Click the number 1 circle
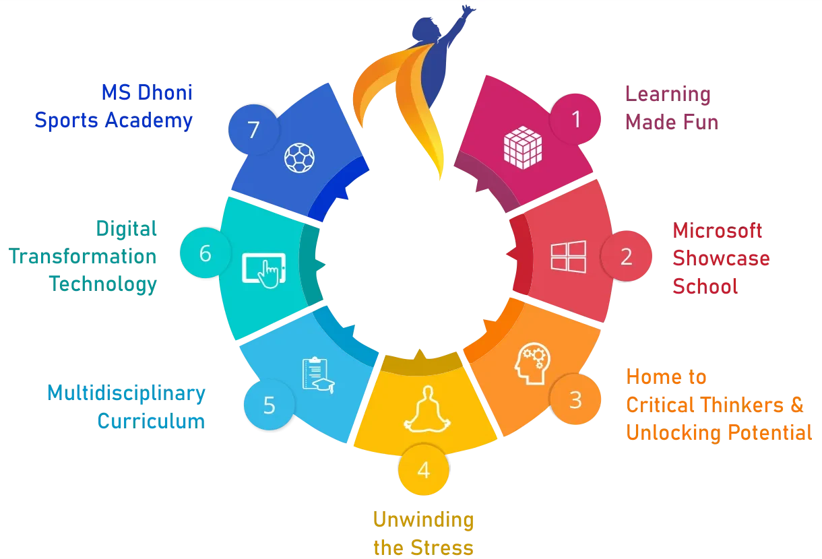pos(575,119)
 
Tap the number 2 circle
pos(626,257)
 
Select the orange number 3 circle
pos(575,399)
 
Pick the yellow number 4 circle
pos(423,469)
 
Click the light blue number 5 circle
pos(269,405)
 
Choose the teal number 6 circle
pos(205,254)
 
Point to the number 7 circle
pos(253,129)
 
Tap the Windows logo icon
pos(568,257)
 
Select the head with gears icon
pos(531,366)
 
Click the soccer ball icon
pos(299,158)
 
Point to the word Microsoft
pos(718,231)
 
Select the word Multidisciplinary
pos(126,393)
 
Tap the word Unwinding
pos(423,520)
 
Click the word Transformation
pos(82,257)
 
